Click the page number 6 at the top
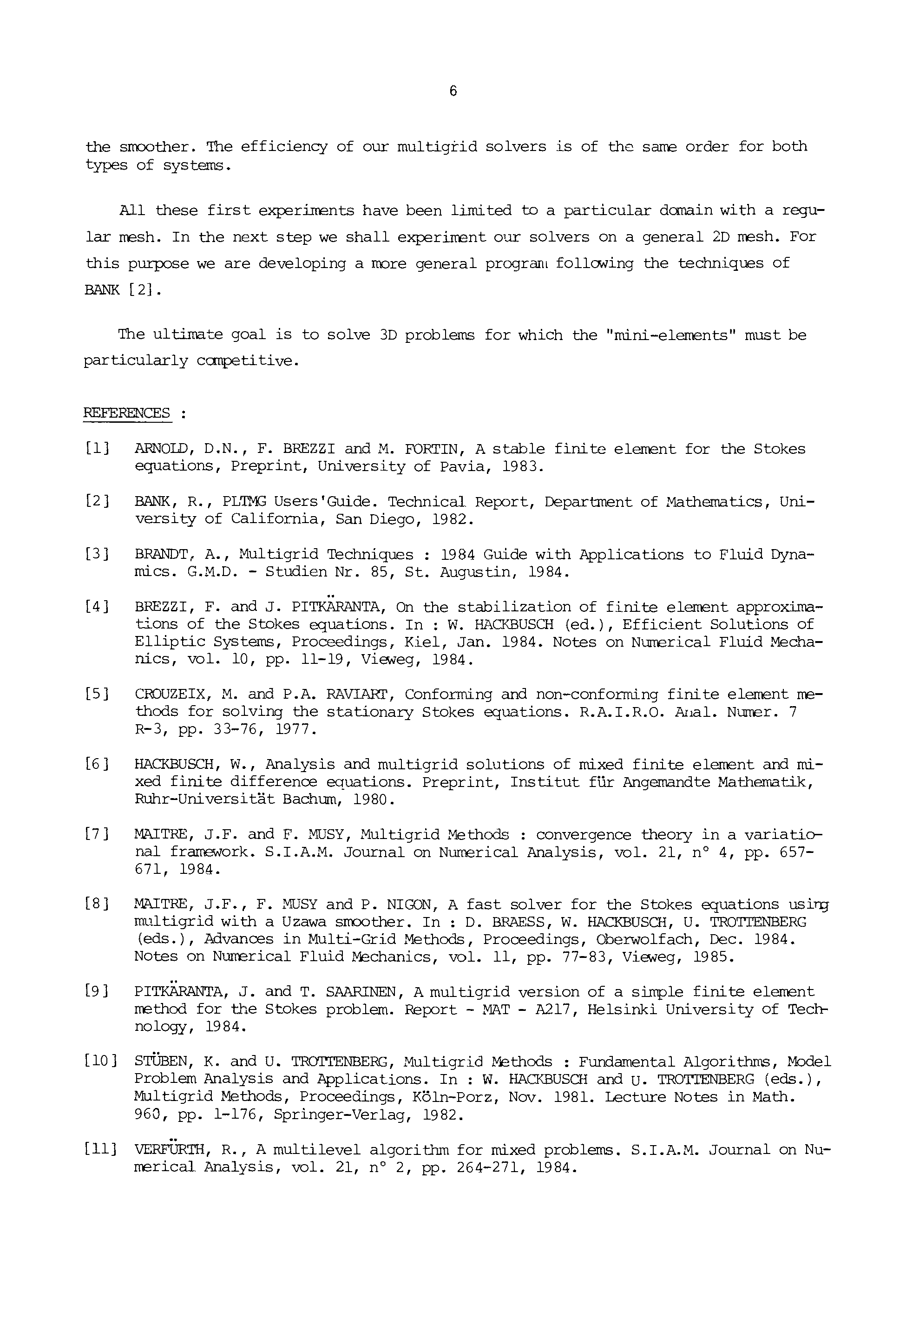453,91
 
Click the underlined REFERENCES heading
127,413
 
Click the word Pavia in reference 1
465,466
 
